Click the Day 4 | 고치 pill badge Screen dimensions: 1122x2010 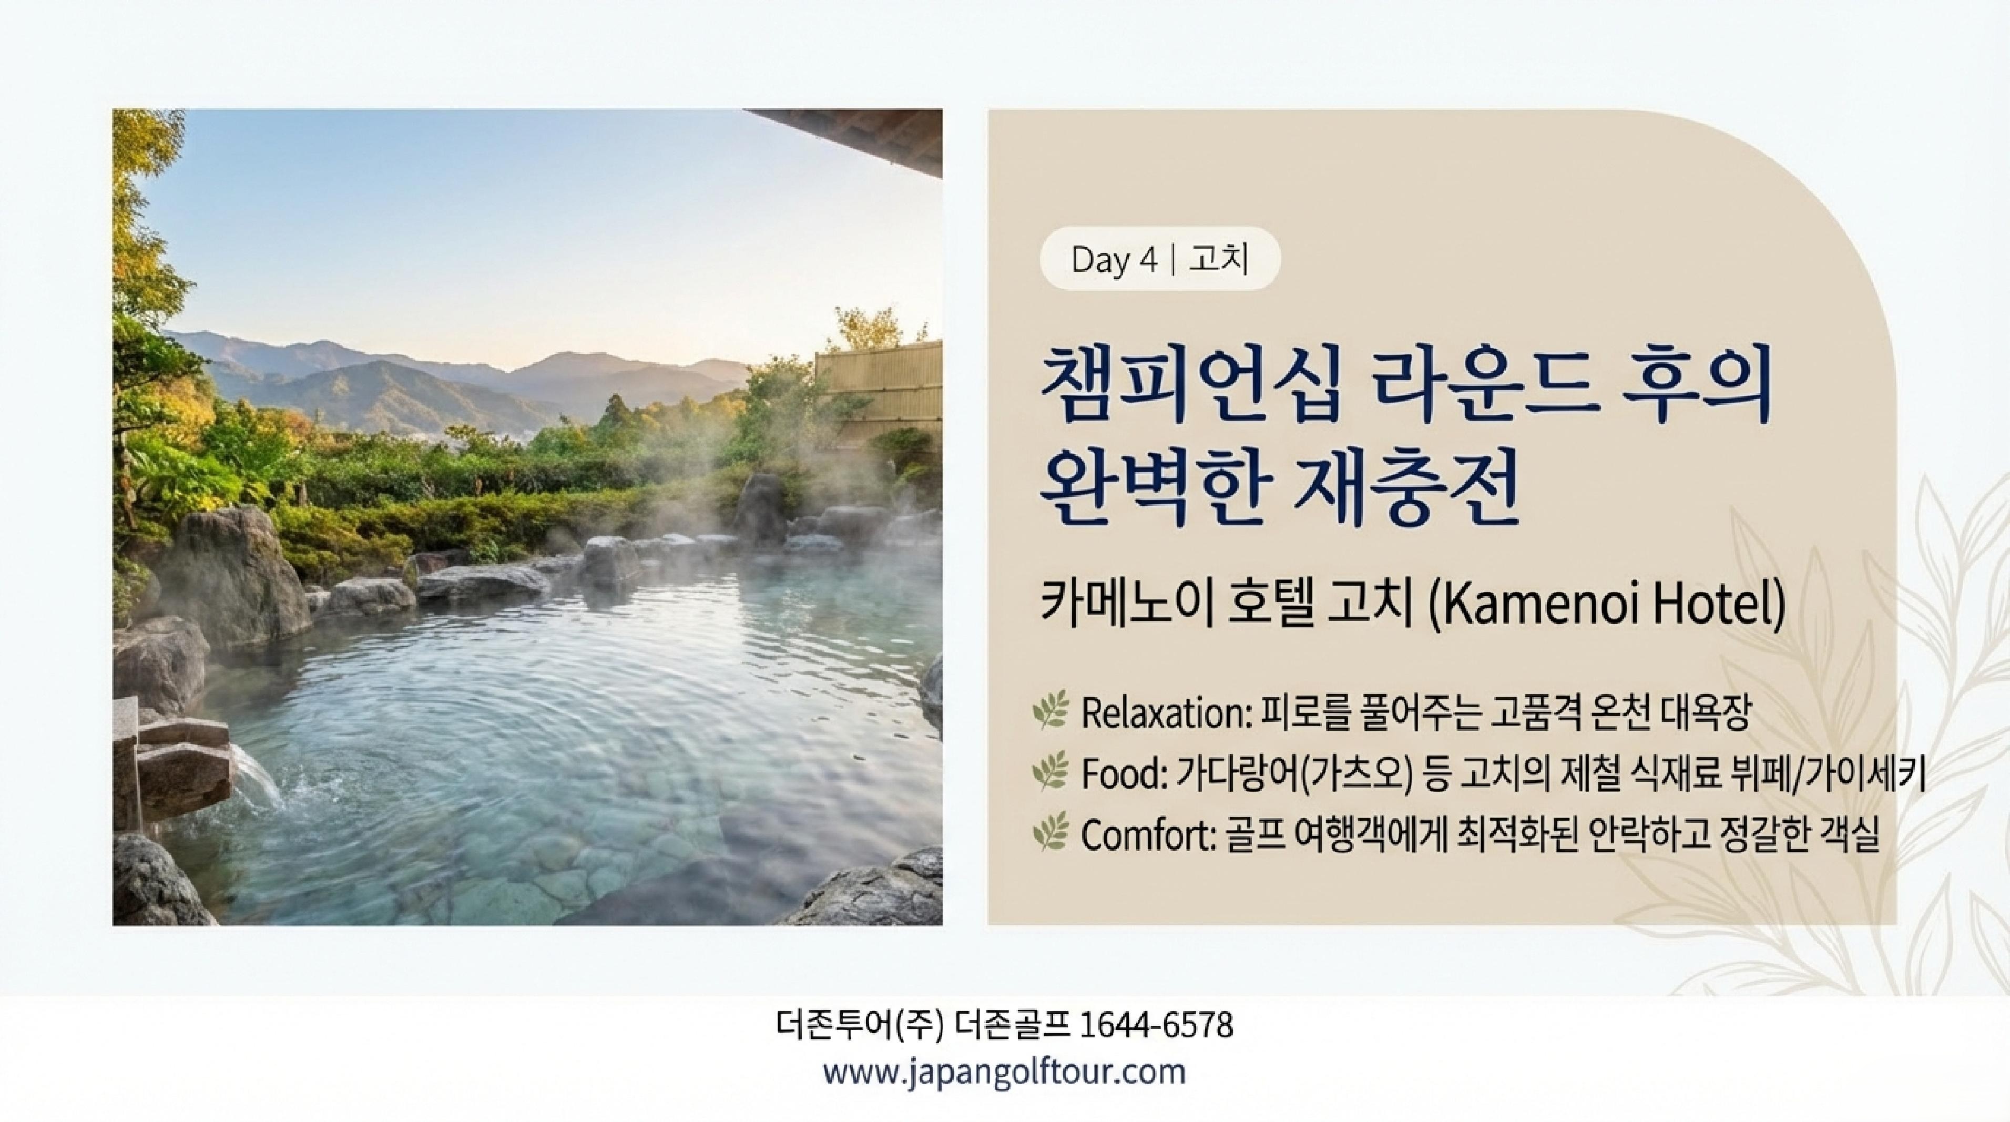coord(1159,259)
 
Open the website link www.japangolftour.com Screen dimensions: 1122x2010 coord(1004,1072)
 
